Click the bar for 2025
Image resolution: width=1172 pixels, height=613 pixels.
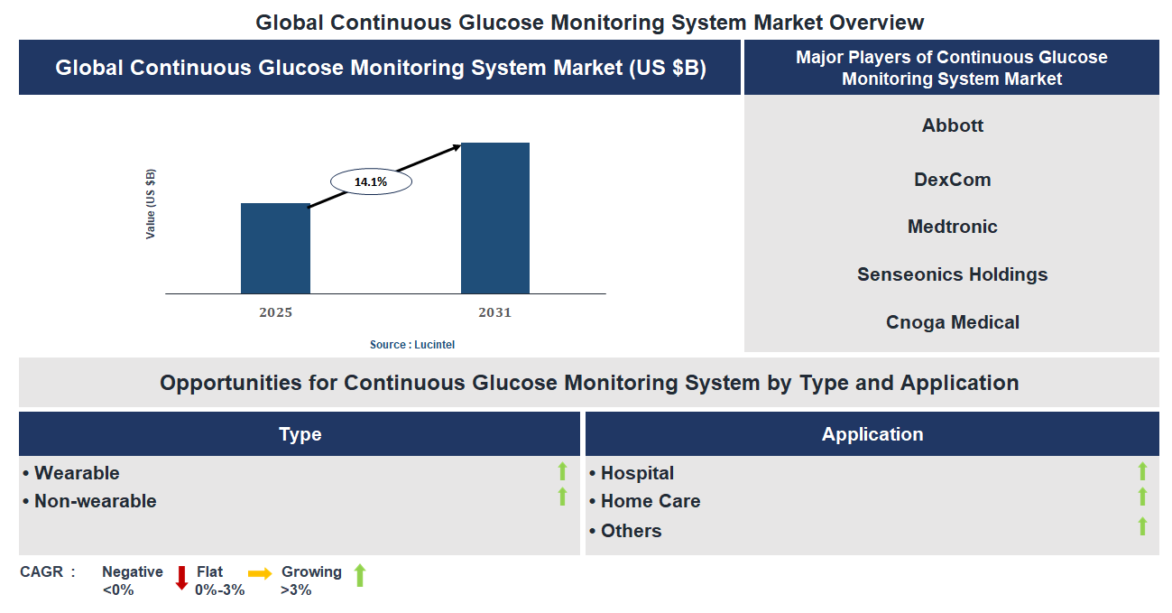coord(275,248)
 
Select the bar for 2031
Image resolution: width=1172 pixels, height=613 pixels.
coord(494,218)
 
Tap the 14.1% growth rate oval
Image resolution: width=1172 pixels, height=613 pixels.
coord(371,181)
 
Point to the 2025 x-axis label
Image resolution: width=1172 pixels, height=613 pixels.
coord(275,312)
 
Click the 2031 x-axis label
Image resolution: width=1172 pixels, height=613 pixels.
coord(494,312)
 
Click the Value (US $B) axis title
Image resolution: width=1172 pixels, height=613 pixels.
coord(151,204)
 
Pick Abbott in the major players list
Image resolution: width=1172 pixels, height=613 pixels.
coord(952,125)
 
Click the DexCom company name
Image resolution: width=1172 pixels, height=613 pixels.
coord(952,180)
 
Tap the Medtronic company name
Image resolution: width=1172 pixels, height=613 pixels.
coord(952,227)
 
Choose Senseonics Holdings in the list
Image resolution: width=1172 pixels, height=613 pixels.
coord(952,274)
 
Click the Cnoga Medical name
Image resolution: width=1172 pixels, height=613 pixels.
coord(952,322)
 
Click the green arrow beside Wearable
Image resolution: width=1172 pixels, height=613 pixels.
coord(562,470)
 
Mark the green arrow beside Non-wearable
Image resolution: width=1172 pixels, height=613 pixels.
coord(562,497)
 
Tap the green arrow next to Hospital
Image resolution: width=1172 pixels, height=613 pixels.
coord(1142,470)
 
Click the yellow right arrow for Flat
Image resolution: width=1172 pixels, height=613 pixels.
coord(260,573)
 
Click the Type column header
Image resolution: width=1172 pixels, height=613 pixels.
coord(300,434)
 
